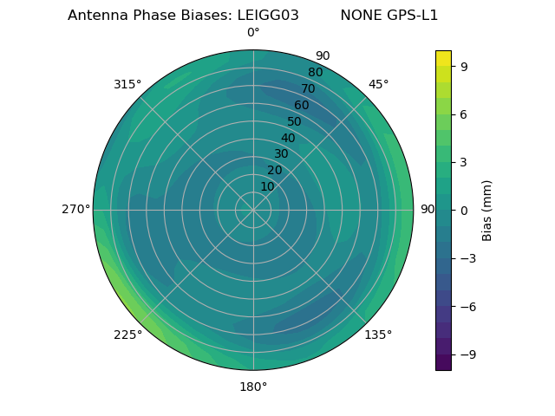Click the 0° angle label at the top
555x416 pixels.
coord(253,33)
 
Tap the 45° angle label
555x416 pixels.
coord(378,84)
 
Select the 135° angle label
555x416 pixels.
coord(378,335)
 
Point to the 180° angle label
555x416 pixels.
coord(253,387)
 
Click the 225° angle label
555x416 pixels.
coord(127,335)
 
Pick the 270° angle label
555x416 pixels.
coord(75,210)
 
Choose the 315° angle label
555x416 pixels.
coord(127,84)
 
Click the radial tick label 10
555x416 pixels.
coord(267,186)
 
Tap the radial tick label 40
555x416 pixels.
coord(288,138)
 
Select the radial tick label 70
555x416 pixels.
coord(308,88)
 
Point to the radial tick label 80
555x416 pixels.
coord(315,72)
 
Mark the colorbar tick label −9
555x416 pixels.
coord(467,354)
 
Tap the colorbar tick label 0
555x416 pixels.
coord(463,210)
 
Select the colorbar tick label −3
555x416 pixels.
coord(467,258)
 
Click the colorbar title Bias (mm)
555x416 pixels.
coord(487,210)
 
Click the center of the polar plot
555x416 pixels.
coord(253,210)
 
